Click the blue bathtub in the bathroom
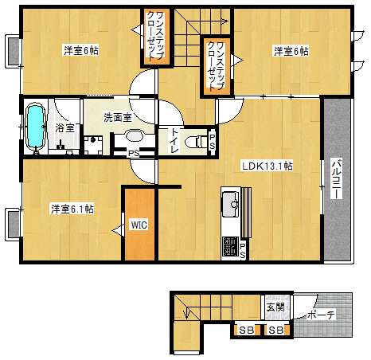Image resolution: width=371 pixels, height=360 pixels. pos(35,127)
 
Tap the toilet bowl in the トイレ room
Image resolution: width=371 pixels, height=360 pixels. pos(197,141)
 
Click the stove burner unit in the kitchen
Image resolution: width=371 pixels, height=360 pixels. pos(230,246)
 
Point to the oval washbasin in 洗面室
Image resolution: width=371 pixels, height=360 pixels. pos(134,136)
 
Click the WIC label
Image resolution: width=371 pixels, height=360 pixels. pos(139,225)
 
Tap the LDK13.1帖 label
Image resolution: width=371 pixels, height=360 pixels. pos(268,166)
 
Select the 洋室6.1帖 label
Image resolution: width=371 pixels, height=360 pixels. pos(72,209)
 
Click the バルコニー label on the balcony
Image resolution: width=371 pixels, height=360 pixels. pos(337,178)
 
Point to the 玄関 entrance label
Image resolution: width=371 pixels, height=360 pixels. pos(275,307)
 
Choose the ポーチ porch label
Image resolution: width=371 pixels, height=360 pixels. pos(322,315)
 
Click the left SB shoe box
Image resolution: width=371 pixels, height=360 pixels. pos(246,331)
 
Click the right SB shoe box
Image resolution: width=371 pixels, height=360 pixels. pos(276,331)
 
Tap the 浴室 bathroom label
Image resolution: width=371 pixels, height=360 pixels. pos(64,128)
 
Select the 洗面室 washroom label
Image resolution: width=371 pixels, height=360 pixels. pos(118,117)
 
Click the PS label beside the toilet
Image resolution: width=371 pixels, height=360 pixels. pos(213,142)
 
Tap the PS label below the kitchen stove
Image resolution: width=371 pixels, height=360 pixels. pos(243,251)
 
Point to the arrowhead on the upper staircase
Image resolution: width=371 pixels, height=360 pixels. pos(225,21)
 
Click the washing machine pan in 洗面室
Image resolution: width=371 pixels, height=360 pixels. pos(93,145)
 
